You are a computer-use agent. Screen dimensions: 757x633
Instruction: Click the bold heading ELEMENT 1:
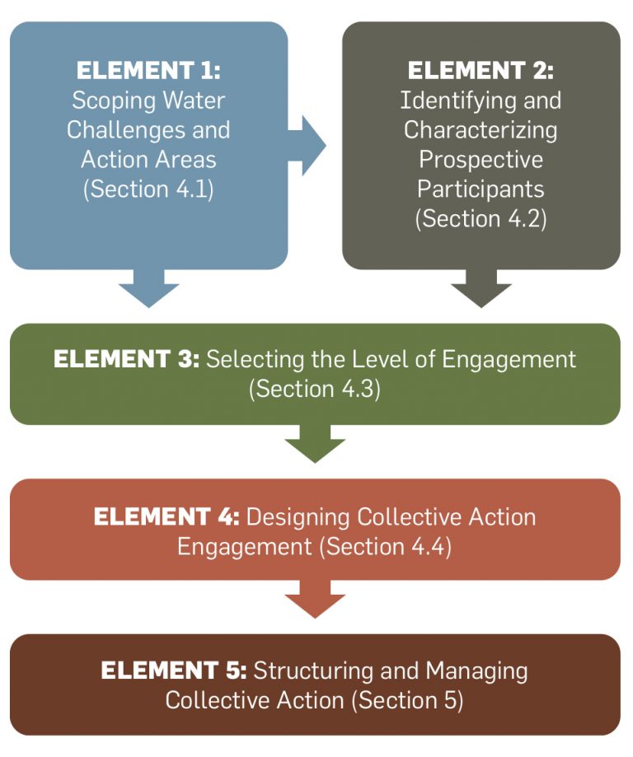148,71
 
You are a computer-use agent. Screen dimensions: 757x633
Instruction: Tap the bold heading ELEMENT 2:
481,71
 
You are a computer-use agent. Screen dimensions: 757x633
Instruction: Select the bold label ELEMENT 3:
126,360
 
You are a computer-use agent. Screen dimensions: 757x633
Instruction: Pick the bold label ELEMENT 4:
166,516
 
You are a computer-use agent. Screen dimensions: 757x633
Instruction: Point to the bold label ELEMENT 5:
173,671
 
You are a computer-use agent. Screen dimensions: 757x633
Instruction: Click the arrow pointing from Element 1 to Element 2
312,146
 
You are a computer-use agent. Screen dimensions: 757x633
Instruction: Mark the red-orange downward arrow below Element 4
315,600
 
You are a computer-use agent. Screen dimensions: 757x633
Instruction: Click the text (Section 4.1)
148,189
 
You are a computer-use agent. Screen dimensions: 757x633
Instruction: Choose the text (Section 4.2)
481,218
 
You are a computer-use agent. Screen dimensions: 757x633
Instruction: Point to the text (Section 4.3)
315,389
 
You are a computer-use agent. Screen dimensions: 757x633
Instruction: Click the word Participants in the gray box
481,189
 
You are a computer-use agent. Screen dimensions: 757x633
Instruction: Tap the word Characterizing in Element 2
481,130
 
